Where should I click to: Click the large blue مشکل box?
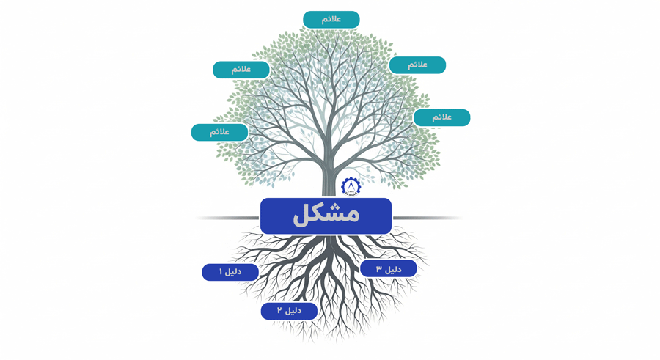[326, 216]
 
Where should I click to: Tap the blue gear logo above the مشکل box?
[351, 186]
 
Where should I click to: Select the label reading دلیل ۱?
[230, 272]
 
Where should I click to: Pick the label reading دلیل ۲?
[289, 311]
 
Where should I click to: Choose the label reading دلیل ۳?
[388, 269]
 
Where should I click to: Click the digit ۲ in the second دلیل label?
[279, 311]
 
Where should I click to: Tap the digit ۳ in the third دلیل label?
[378, 269]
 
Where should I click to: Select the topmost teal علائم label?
[331, 19]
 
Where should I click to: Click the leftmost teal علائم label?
[219, 132]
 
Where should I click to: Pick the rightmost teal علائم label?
[441, 117]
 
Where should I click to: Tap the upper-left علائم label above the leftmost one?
[241, 70]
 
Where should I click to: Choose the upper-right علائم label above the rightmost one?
[417, 65]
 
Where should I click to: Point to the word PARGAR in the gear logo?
[351, 194]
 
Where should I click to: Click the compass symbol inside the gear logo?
[351, 185]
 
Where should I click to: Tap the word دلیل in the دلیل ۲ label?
[294, 311]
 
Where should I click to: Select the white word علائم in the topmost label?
[331, 19]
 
